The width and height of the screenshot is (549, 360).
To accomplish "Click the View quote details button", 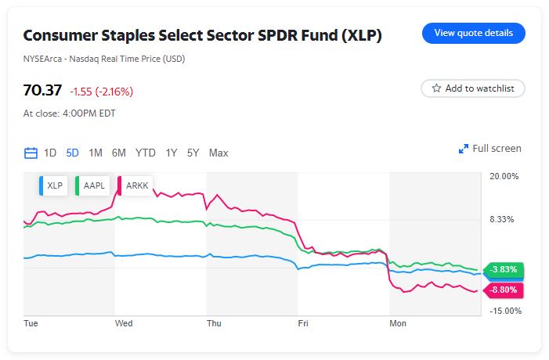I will (473, 34).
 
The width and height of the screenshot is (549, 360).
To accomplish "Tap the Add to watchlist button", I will (472, 88).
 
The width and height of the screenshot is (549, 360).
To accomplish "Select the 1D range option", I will (50, 153).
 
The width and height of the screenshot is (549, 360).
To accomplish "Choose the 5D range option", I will (73, 153).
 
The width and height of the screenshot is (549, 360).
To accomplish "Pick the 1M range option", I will (96, 153).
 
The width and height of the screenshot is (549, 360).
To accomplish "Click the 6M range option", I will (119, 153).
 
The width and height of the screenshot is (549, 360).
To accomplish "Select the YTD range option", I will (145, 153).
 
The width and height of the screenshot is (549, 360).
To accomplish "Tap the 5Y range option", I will (193, 153).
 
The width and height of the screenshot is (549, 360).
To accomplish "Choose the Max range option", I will (219, 153).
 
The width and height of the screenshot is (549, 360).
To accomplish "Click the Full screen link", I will (489, 149).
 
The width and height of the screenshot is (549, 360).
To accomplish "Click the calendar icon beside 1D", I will (31, 153).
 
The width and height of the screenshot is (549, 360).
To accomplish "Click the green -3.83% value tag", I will (504, 270).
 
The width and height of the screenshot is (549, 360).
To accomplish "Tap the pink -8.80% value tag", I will (504, 290).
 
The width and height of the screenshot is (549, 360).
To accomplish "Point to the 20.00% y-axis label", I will (504, 176).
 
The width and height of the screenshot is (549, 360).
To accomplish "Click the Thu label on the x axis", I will (214, 322).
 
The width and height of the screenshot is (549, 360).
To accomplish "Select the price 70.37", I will (42, 90).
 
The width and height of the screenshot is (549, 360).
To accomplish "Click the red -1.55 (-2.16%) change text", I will (101, 92).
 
